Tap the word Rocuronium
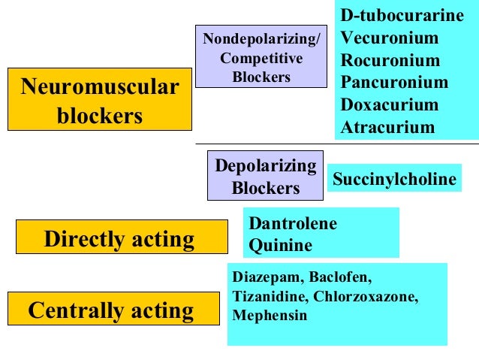click(x=390, y=59)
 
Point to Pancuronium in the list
click(x=394, y=82)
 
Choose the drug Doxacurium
click(x=388, y=104)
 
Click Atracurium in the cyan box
click(x=387, y=127)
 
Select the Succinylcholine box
click(x=394, y=180)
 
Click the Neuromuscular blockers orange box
click(x=100, y=101)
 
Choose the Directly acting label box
click(x=121, y=239)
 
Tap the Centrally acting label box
click(x=111, y=310)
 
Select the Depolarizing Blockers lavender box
click(x=265, y=176)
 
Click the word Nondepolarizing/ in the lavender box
click(x=261, y=38)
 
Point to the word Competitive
click(x=261, y=58)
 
